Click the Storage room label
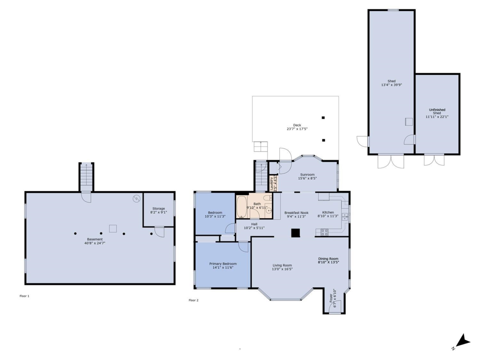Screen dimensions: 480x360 point(158,208)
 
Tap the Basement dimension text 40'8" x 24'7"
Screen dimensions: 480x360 point(95,243)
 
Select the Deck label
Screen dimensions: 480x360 point(297,125)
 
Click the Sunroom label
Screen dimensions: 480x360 point(307,174)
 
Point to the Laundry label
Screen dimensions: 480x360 point(271,183)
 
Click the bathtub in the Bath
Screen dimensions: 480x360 point(242,207)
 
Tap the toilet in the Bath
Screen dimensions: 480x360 point(267,198)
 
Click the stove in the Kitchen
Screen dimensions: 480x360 point(324,232)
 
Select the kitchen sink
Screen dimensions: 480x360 point(345,217)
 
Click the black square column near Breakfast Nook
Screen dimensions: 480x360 point(295,233)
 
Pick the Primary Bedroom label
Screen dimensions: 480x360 point(223,264)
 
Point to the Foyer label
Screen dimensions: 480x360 point(331,298)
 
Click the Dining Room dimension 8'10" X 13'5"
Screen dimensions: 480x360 point(328,262)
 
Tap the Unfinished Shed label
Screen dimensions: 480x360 point(437,111)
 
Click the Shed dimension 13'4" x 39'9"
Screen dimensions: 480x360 point(392,85)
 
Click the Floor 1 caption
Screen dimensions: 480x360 point(24,296)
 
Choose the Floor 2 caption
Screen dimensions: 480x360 point(194,300)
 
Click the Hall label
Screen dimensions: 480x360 point(254,224)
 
